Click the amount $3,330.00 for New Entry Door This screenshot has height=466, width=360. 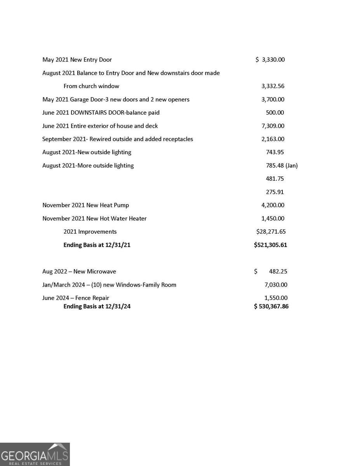270,60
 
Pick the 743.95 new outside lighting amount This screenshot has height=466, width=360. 275,152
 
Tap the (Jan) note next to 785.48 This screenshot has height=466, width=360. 291,165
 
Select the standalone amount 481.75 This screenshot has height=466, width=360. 275,179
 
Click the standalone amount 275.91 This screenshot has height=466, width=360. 275,192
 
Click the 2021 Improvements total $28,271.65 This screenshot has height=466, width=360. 271,232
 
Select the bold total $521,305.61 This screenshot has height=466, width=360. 271,245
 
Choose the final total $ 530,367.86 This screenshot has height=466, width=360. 271,306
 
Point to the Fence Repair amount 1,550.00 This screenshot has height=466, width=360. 276,298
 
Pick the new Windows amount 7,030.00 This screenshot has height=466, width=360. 276,285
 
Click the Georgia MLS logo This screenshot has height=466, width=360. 35,454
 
